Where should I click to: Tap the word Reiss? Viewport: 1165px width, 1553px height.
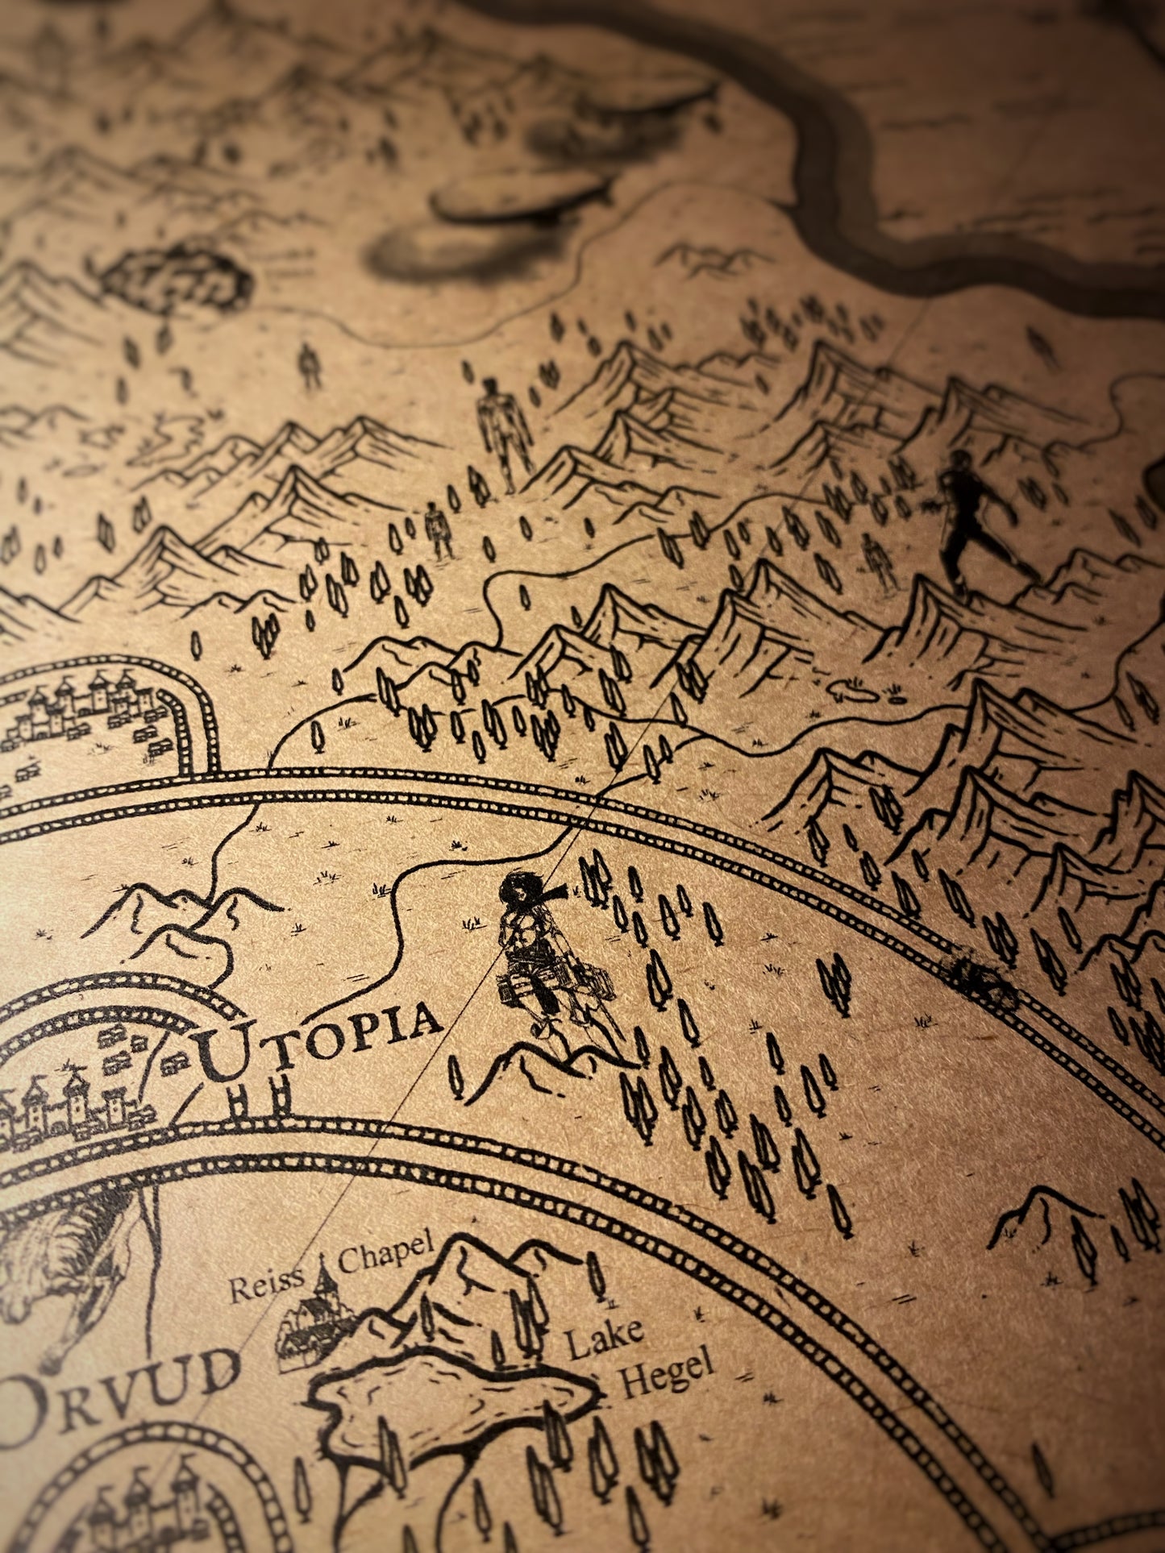(267, 1283)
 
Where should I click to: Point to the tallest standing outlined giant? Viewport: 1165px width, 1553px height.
(504, 431)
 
